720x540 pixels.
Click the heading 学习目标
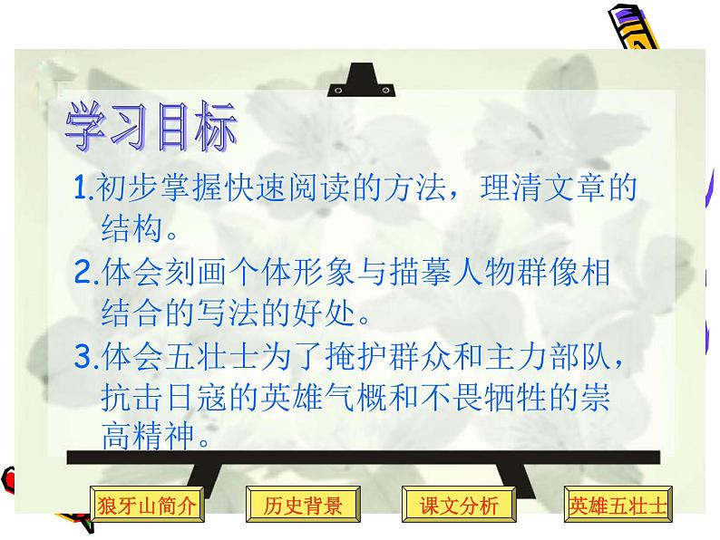(x=150, y=127)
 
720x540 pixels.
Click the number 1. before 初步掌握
(x=83, y=189)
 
